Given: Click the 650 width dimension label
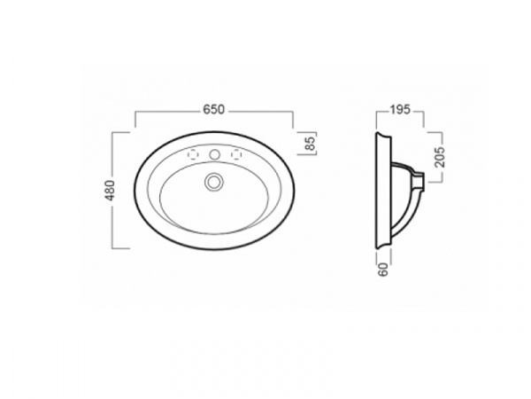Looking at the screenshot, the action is click(213, 110).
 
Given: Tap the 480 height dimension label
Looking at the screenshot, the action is click(111, 191).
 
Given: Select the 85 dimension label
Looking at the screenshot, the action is click(311, 143).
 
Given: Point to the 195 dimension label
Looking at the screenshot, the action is click(400, 110).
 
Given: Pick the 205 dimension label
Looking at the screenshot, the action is click(440, 156).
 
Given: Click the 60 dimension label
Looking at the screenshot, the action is click(383, 270).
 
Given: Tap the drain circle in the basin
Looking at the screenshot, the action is click(214, 182).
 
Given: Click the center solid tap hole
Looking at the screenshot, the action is click(214, 154).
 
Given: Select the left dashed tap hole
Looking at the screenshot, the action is click(193, 154).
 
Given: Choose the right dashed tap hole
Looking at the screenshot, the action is click(236, 154).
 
